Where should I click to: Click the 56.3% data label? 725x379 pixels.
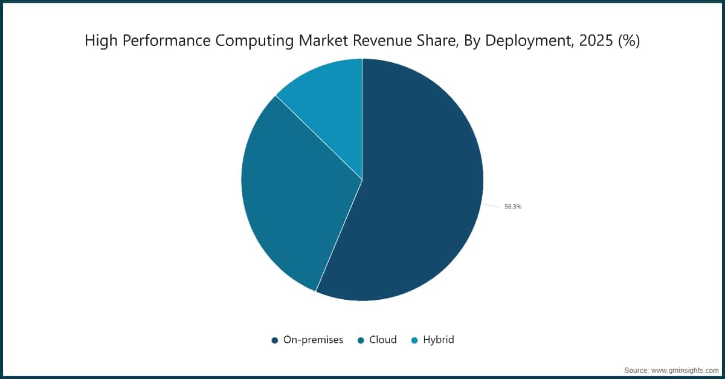513,207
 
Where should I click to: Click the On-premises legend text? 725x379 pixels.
313,340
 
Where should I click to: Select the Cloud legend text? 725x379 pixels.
382,340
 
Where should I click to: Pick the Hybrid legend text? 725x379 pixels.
438,340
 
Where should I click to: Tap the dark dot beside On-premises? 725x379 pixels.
275,340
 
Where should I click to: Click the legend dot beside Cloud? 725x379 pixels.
361,340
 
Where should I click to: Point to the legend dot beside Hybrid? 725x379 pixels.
414,340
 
